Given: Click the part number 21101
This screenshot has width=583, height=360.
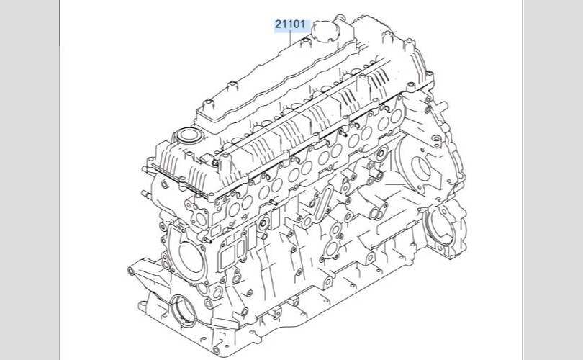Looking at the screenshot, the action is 290,24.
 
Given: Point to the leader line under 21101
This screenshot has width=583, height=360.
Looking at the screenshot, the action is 290,38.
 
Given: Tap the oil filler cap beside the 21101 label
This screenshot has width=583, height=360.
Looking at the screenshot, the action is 325,31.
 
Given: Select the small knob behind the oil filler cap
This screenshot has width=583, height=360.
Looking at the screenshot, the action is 340,18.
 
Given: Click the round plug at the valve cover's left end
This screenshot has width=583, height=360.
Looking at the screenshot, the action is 189,135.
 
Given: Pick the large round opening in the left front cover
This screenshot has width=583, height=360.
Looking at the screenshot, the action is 191,256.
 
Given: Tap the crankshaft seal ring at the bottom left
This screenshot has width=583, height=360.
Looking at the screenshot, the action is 184,310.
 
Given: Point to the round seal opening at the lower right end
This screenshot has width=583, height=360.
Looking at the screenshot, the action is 442,226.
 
